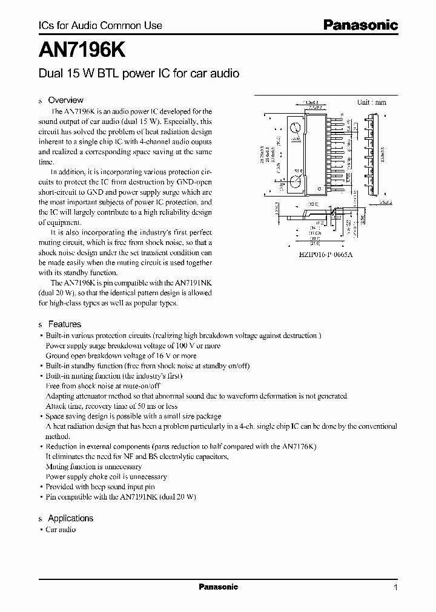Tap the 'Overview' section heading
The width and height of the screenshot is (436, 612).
tap(65, 100)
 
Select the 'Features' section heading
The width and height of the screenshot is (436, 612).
tap(64, 324)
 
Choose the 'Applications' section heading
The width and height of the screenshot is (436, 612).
tap(70, 518)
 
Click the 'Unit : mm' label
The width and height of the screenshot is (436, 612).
tap(371, 102)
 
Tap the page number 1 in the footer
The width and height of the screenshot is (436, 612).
tap(395, 587)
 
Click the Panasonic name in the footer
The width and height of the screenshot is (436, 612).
tap(218, 587)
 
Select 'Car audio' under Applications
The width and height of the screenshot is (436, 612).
tap(61, 530)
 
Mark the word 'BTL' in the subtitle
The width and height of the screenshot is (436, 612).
tap(107, 73)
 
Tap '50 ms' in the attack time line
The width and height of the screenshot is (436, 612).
tap(139, 406)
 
